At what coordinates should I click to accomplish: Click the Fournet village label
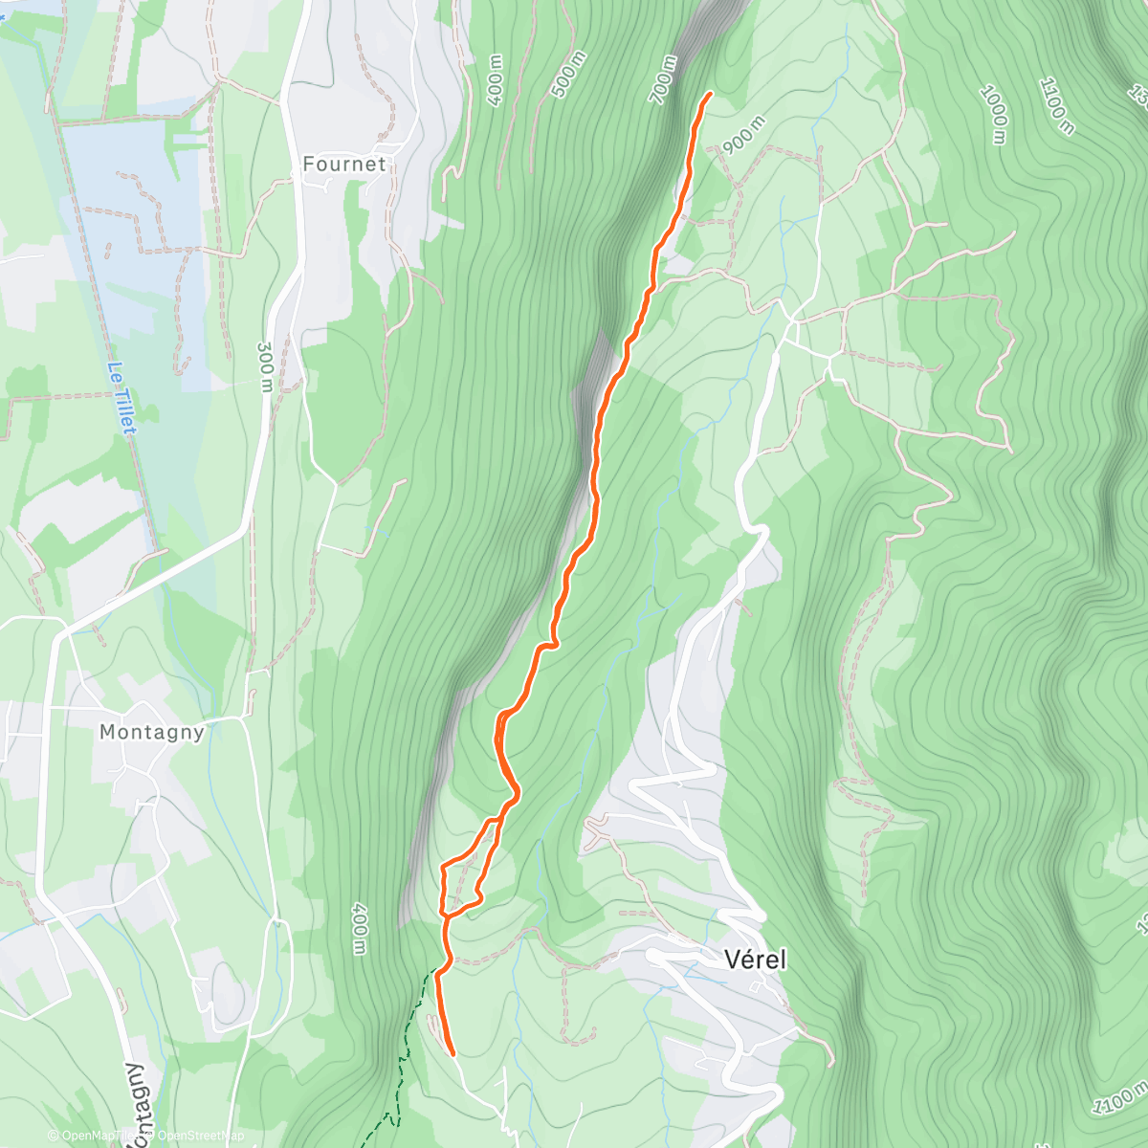pyautogui.click(x=344, y=165)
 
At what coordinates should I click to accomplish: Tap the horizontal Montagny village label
pyautogui.click(x=152, y=733)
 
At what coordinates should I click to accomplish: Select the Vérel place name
pyautogui.click(x=755, y=960)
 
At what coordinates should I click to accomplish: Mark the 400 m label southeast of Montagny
pyautogui.click(x=359, y=927)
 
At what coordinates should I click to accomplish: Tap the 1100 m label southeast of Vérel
pyautogui.click(x=1121, y=1095)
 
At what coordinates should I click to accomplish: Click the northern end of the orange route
pyautogui.click(x=710, y=94)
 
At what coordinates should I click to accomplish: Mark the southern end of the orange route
pyautogui.click(x=452, y=1053)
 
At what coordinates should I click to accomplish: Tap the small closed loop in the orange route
pyautogui.click(x=461, y=885)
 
